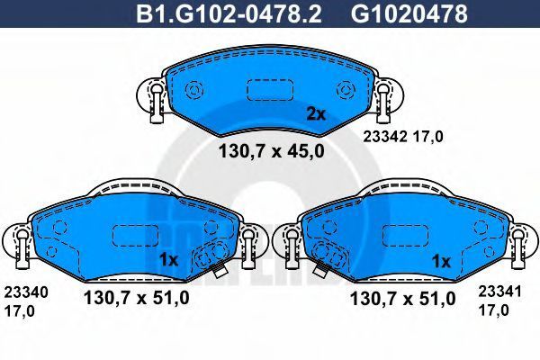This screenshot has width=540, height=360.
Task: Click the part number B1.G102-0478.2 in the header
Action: (229, 14)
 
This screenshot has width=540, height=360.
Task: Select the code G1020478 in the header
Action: (409, 14)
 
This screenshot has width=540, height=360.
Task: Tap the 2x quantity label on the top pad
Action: (316, 114)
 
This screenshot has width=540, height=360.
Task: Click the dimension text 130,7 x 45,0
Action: (272, 151)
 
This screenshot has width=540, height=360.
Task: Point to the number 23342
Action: (385, 137)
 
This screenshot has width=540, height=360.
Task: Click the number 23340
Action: (26, 292)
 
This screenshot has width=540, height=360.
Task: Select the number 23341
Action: (499, 292)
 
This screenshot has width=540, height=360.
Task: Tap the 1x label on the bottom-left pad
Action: (168, 260)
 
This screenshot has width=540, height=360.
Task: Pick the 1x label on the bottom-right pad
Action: (441, 262)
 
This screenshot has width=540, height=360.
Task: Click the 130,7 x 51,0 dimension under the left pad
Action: (137, 298)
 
